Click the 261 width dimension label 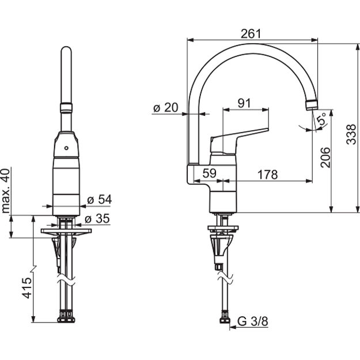251,34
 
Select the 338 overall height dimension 351,134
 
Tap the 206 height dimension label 325,157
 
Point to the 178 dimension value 267,175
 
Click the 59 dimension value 210,173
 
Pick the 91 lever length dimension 244,103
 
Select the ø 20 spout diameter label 165,107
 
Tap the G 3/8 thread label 252,321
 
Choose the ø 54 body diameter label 100,199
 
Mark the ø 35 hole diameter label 97,218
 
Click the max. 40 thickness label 6,191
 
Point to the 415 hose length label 27,288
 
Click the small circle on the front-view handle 66,148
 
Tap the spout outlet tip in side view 312,105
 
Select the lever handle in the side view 239,141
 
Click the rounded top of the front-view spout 66,51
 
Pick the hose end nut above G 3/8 225,317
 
